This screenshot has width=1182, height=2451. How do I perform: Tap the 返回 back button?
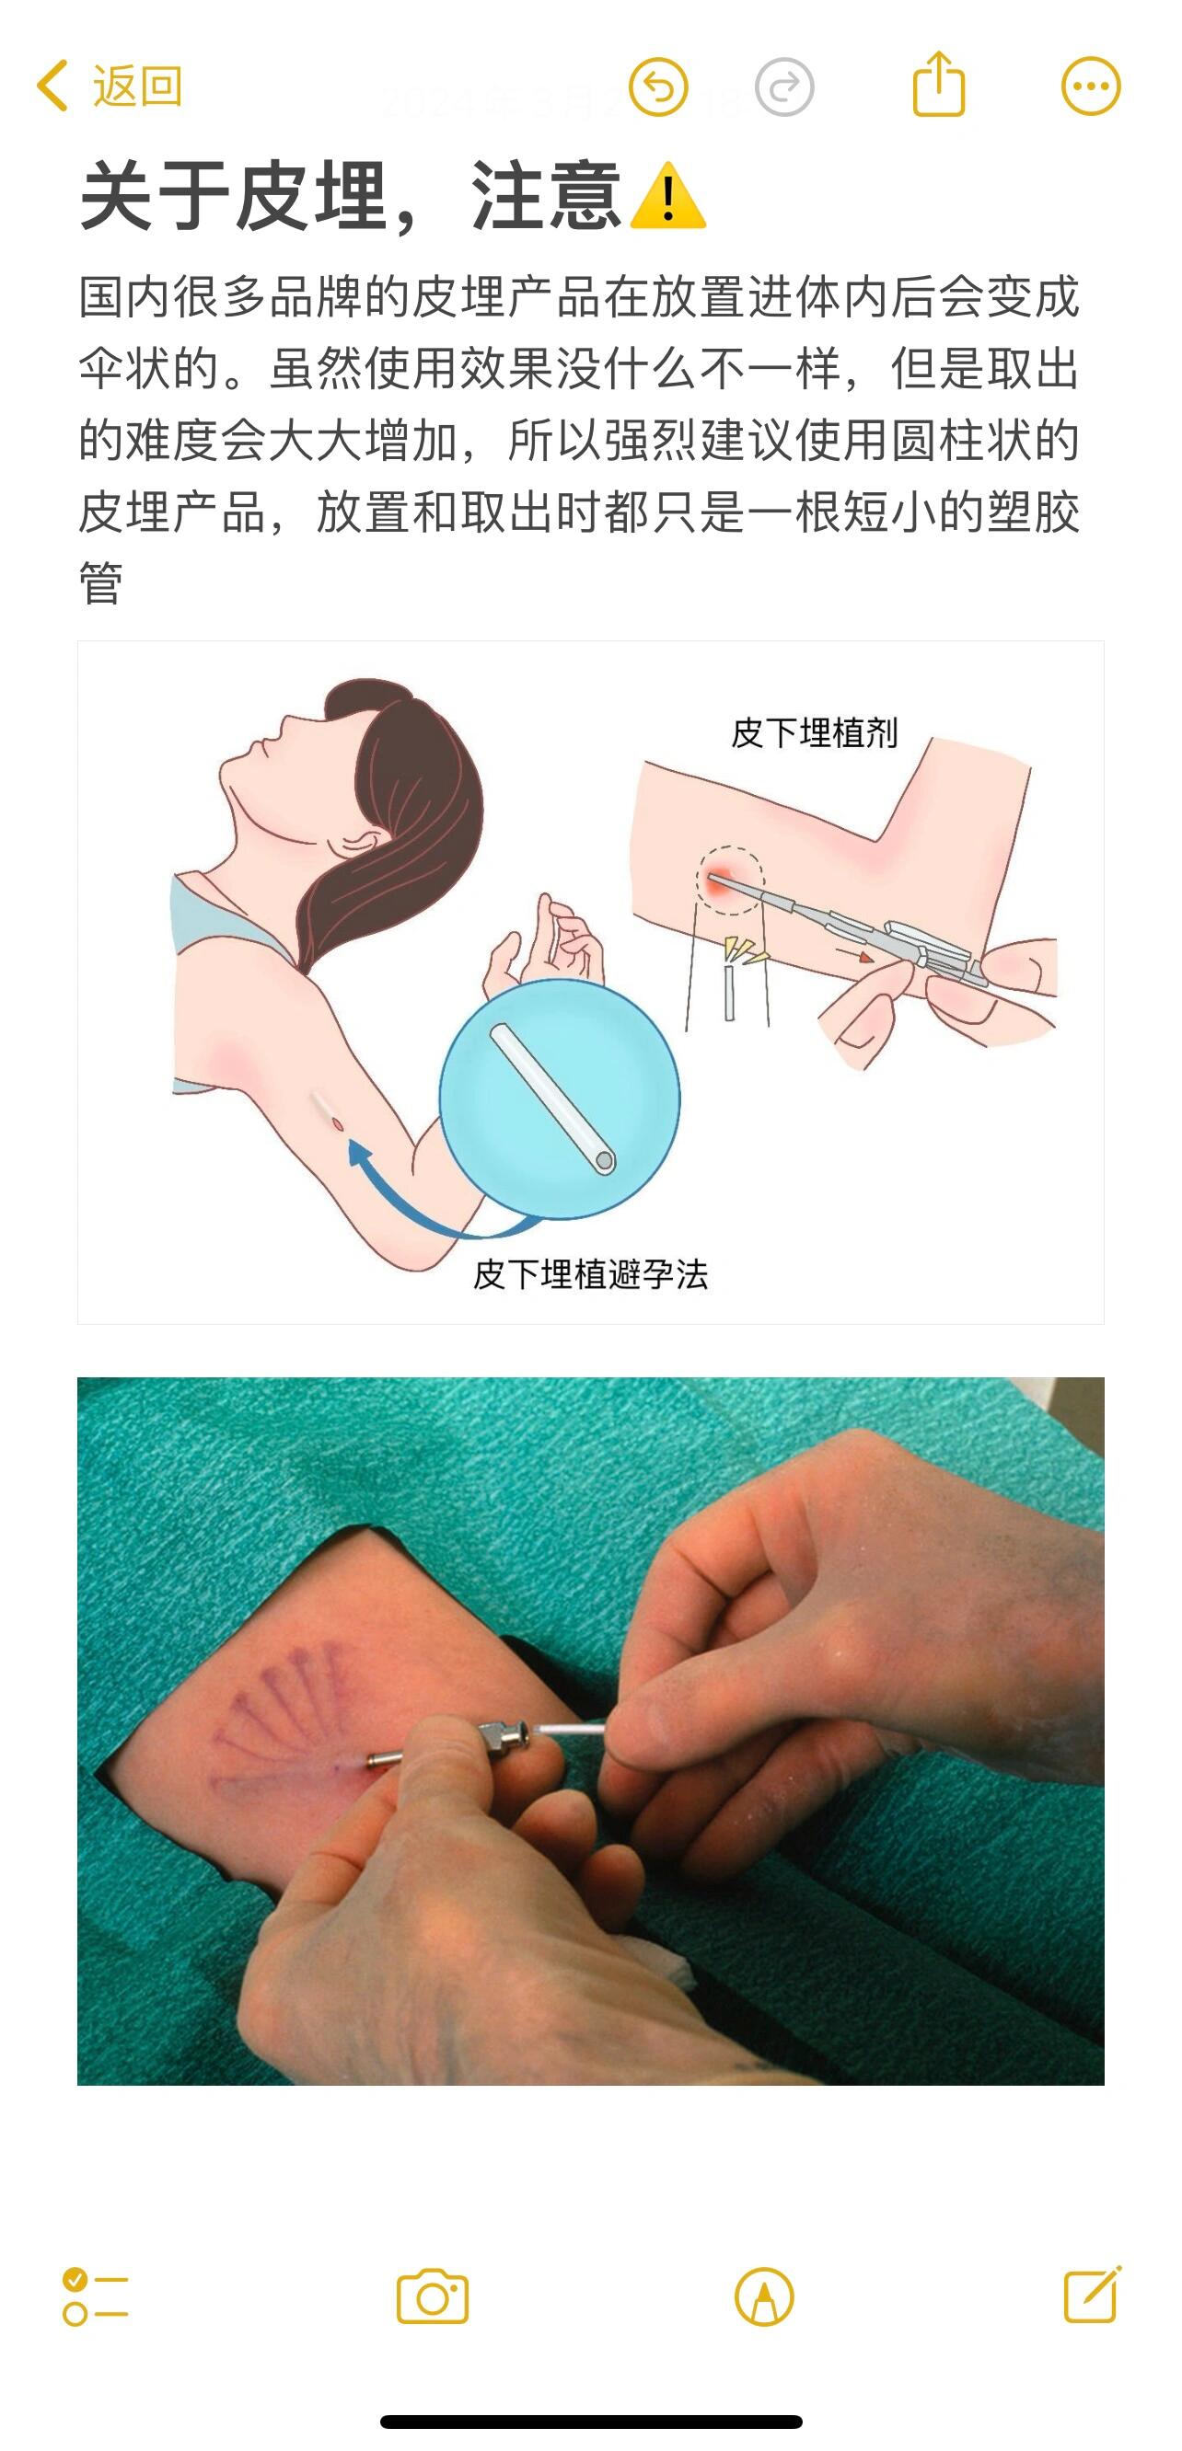pos(109,86)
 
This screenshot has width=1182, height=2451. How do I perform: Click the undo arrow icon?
pos(657,87)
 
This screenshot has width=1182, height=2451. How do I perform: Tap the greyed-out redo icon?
pos(784,87)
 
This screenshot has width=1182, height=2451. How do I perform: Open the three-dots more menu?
pos(1091,86)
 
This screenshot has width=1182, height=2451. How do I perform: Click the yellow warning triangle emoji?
pos(668,196)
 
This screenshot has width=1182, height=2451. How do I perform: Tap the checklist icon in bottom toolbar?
pos(95,2296)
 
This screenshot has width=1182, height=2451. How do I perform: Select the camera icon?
pos(433,2296)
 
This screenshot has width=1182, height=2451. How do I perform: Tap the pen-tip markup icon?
pos(764,2296)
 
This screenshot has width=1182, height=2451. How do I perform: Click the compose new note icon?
pos(1093,2295)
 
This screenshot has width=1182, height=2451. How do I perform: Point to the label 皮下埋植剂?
pos(815,732)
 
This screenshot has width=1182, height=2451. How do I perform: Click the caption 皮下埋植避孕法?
pos(591,1274)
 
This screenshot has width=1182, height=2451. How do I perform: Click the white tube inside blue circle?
pos(553,1099)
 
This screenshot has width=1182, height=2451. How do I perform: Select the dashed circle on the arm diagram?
pos(730,881)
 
